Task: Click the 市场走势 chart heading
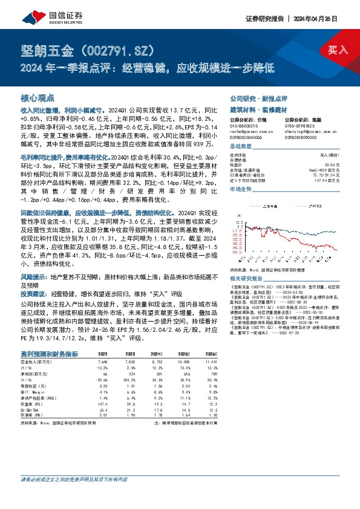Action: (x=243, y=190)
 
